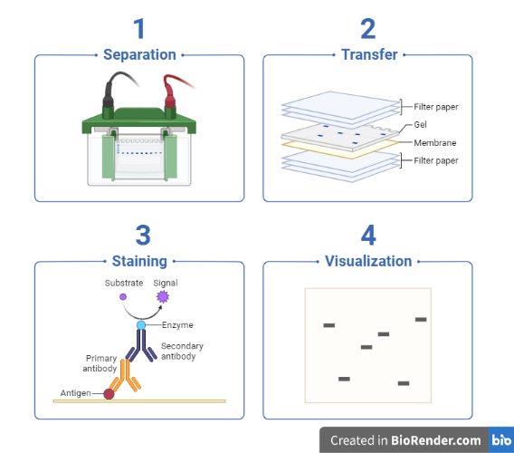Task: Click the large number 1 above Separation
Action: point(139,29)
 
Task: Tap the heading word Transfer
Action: point(369,54)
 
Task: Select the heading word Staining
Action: point(139,261)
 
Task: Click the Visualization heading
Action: point(368,261)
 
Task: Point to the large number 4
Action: point(368,236)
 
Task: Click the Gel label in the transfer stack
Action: point(420,125)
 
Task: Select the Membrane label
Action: point(435,143)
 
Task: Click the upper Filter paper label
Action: point(436,107)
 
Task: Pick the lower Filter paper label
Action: point(436,160)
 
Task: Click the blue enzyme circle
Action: point(141,325)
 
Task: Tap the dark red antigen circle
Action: point(109,394)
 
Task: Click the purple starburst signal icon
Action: point(163,297)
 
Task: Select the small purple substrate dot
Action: point(123,297)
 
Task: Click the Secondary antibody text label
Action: point(182,352)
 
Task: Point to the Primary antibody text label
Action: point(100,363)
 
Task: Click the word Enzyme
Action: point(177,325)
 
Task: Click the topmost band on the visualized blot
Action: point(421,320)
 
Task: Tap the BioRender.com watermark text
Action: point(436,440)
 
